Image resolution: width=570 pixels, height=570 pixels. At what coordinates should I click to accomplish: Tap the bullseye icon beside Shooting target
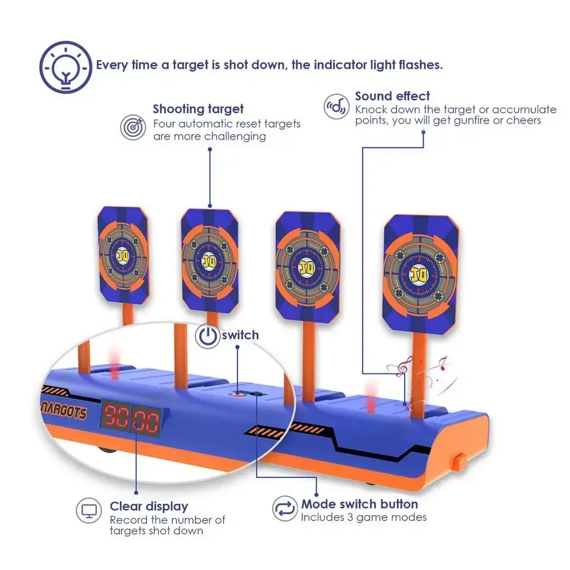(132, 127)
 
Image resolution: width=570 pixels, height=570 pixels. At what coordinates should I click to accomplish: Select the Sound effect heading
(392, 96)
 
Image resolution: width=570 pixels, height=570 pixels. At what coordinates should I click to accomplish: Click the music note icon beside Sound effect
(336, 106)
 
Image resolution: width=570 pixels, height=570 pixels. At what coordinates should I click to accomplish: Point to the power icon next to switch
(207, 336)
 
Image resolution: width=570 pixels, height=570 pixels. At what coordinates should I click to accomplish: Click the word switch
(240, 335)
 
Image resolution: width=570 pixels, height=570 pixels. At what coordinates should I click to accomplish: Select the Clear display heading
(149, 506)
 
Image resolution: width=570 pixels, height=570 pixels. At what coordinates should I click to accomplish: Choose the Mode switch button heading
(359, 504)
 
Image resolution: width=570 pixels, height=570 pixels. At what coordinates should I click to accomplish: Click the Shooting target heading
(198, 109)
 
